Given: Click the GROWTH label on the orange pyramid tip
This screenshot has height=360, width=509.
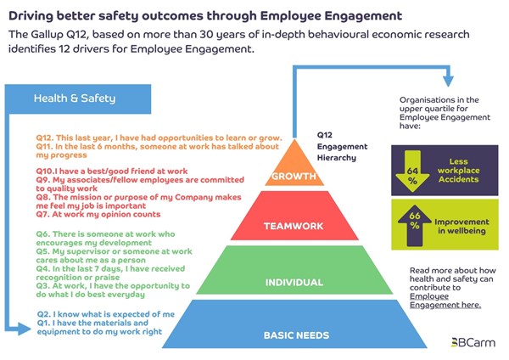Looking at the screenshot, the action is [x=294, y=176].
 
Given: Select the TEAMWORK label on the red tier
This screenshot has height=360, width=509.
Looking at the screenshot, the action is [x=294, y=226].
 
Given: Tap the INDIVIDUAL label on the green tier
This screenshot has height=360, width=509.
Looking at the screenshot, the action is [x=294, y=283].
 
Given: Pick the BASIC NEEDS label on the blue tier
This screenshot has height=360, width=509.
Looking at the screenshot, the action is [x=296, y=335].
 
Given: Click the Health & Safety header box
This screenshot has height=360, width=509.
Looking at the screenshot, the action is [x=78, y=98].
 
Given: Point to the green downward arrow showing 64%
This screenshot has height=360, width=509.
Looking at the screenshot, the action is [x=412, y=172].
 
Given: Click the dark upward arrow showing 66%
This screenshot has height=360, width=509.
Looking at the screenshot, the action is [x=415, y=225].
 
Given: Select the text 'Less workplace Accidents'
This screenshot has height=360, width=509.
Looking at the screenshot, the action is [x=458, y=171].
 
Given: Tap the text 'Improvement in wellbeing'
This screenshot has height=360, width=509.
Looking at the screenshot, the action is [x=461, y=226].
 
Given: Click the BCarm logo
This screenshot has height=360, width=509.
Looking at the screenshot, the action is [x=473, y=342].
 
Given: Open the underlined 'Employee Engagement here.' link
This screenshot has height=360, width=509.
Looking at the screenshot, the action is [x=445, y=301].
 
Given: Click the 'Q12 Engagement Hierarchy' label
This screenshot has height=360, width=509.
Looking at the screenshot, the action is [x=342, y=146].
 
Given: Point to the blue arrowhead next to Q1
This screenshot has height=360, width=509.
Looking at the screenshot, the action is [x=25, y=329].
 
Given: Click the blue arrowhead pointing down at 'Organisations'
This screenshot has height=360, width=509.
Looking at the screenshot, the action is [x=448, y=82].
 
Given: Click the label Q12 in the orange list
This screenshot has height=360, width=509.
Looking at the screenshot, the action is [x=44, y=138].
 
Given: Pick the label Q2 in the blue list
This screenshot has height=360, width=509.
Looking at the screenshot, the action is [x=44, y=314].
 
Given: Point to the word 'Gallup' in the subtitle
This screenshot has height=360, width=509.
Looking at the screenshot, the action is [x=48, y=35].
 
